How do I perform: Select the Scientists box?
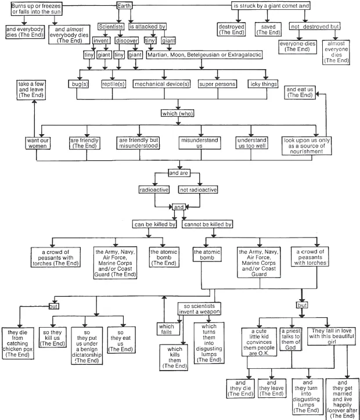[x=110, y=27]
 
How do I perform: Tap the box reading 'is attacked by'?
[x=147, y=27]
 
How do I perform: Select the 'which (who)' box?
[x=179, y=114]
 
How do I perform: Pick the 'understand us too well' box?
[x=251, y=143]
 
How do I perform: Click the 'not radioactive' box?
[x=198, y=190]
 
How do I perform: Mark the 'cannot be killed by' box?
[x=207, y=224]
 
